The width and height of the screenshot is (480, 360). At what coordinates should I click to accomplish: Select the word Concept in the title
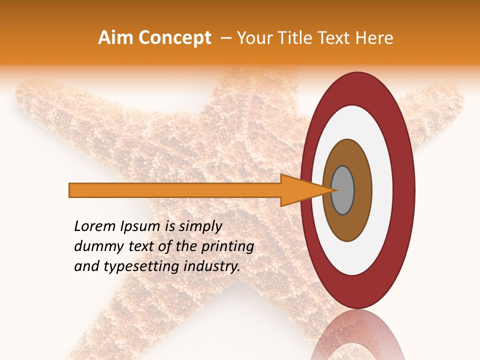coord(174,38)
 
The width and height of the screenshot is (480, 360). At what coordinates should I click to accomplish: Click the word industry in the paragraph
coord(215,267)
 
